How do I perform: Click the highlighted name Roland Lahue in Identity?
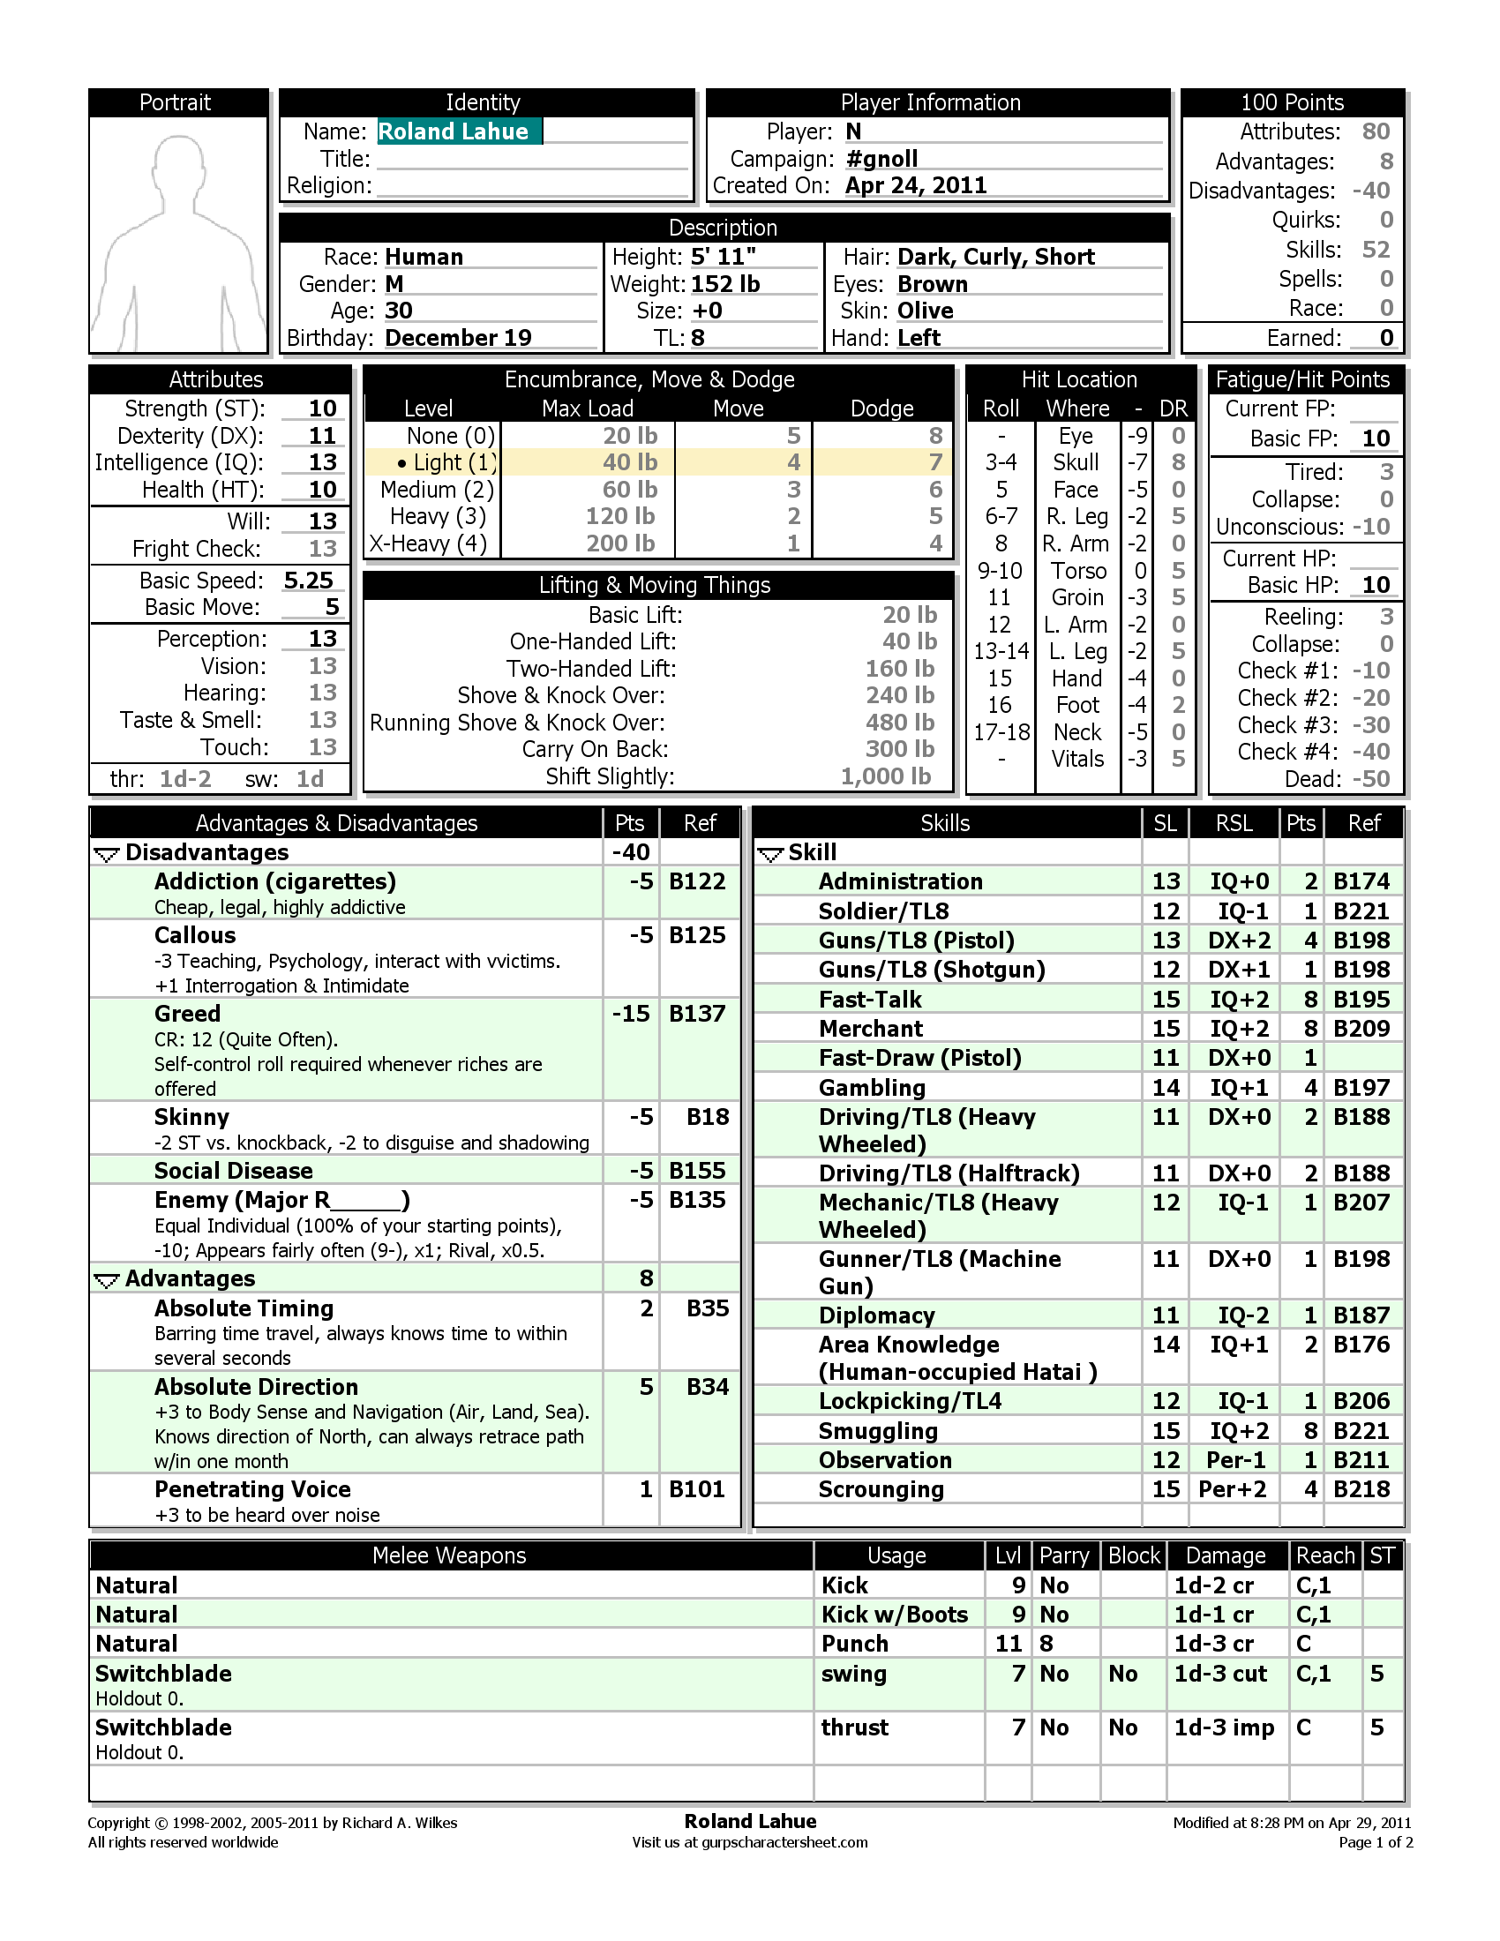tap(454, 131)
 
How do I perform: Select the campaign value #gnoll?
tap(881, 159)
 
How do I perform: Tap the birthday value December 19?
tap(458, 338)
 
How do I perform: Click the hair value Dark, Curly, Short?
tap(995, 257)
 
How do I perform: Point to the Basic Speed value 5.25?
tap(308, 581)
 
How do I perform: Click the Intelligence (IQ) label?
tap(178, 462)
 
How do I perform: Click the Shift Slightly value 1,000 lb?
tap(885, 776)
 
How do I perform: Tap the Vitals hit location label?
tap(1077, 759)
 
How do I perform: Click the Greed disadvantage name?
tap(186, 1014)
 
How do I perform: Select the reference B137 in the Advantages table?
tap(697, 1014)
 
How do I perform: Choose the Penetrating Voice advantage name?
tap(252, 1489)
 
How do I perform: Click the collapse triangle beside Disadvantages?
tap(107, 854)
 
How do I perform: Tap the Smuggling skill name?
tap(878, 1431)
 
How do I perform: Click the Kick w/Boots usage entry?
tap(894, 1615)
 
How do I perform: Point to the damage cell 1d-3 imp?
tap(1224, 1727)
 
